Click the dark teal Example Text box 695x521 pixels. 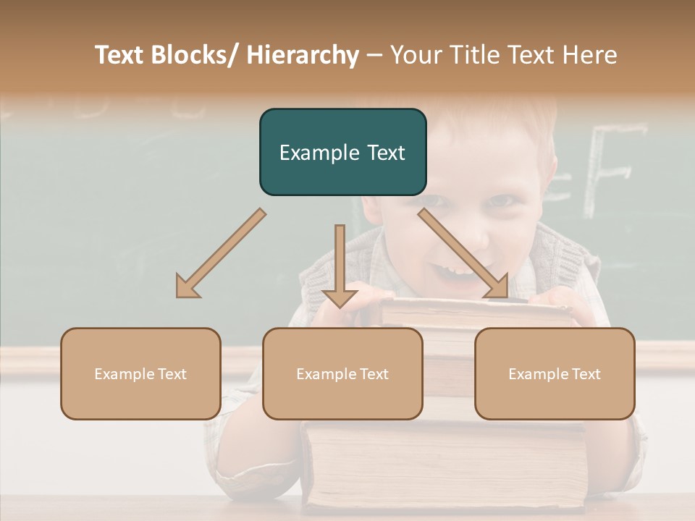(342, 152)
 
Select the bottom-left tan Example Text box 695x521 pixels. (140, 373)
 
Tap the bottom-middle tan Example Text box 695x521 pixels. (342, 373)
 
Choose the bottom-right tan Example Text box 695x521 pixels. (555, 373)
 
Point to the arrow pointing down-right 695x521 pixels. (463, 253)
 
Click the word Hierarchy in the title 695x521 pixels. (303, 55)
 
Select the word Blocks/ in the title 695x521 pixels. (197, 55)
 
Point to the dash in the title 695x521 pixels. (374, 56)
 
